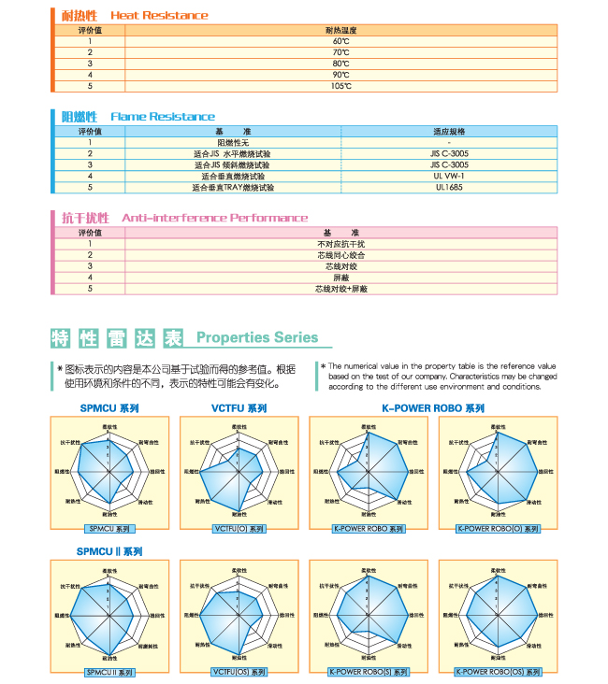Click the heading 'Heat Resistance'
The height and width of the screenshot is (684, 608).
point(159,16)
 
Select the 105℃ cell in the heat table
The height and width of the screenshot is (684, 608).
point(340,86)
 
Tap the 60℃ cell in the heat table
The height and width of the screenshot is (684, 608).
point(340,42)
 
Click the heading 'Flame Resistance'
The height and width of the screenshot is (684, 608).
point(163,117)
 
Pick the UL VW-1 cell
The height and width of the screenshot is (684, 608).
point(449,176)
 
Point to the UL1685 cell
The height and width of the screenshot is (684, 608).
point(449,187)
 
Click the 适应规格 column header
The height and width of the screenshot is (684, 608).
point(449,132)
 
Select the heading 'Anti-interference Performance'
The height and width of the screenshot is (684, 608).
point(215,218)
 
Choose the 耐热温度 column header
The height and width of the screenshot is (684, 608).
point(340,31)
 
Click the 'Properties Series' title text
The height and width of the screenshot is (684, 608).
point(257,338)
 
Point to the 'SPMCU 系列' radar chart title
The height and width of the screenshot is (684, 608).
point(109,408)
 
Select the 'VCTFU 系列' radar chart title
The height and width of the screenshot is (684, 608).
point(239,408)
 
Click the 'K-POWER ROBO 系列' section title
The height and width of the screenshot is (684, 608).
point(433,408)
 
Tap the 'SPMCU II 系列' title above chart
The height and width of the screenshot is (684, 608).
point(109,551)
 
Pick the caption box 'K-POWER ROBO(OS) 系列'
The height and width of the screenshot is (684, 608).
point(496,672)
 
